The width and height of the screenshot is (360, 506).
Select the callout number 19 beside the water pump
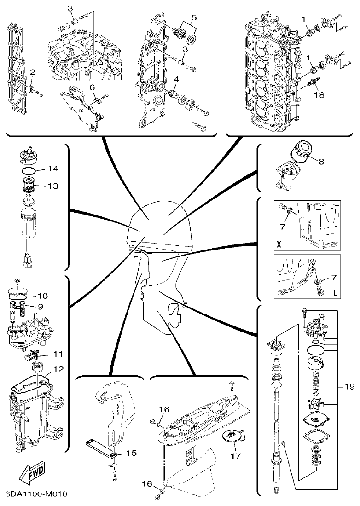(349, 387)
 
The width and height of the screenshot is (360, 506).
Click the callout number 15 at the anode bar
(131, 453)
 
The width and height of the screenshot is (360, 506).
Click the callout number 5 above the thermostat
(194, 17)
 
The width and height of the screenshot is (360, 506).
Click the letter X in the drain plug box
(279, 242)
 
